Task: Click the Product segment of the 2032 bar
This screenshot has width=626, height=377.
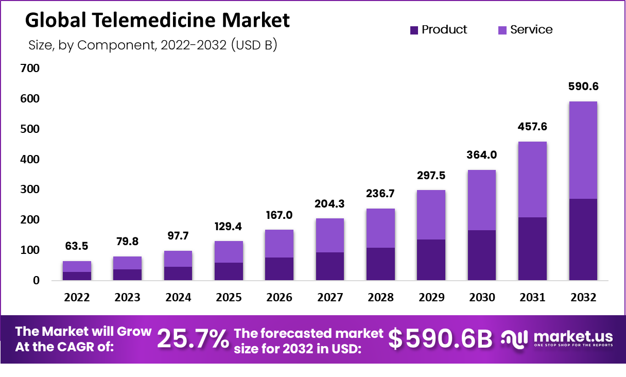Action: pyautogui.click(x=583, y=239)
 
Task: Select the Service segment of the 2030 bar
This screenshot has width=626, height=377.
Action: pyautogui.click(x=482, y=200)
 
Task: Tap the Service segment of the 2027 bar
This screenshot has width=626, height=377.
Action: pyautogui.click(x=330, y=235)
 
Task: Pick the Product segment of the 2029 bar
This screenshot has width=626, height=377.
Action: pyautogui.click(x=431, y=260)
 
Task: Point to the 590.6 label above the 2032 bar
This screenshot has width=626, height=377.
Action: pyautogui.click(x=583, y=87)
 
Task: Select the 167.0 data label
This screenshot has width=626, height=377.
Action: pyautogui.click(x=279, y=214)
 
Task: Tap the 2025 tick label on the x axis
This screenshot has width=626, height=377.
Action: pyautogui.click(x=229, y=298)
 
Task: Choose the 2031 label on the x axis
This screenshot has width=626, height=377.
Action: pyautogui.click(x=532, y=298)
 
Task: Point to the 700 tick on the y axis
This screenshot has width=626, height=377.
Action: pyautogui.click(x=30, y=68)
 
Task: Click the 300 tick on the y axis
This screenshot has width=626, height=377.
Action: pyautogui.click(x=30, y=190)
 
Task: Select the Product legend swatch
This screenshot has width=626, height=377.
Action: pyautogui.click(x=414, y=30)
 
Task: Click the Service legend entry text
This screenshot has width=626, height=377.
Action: pyautogui.click(x=531, y=30)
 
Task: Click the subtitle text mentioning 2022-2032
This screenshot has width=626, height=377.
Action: pyautogui.click(x=152, y=45)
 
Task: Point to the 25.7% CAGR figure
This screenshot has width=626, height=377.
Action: pyautogui.click(x=193, y=339)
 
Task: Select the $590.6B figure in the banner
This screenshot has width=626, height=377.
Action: pyautogui.click(x=440, y=339)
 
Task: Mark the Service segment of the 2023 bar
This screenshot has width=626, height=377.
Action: pyautogui.click(x=127, y=263)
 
